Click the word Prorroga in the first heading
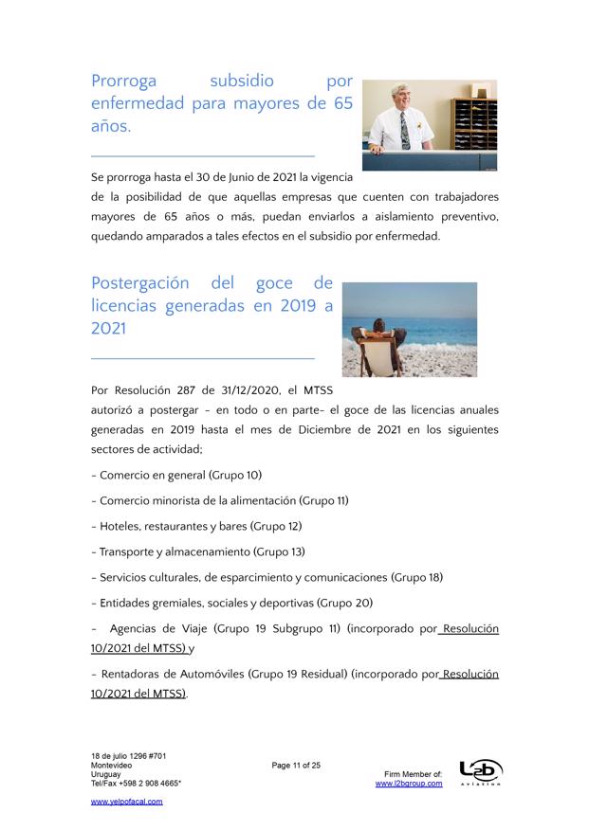pyautogui.click(x=123, y=81)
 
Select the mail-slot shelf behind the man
pyautogui.click(x=474, y=119)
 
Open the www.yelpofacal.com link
pyautogui.click(x=127, y=802)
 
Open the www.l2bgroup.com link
pyautogui.click(x=409, y=785)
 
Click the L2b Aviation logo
pyautogui.click(x=480, y=773)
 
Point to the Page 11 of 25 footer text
pyautogui.click(x=296, y=765)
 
